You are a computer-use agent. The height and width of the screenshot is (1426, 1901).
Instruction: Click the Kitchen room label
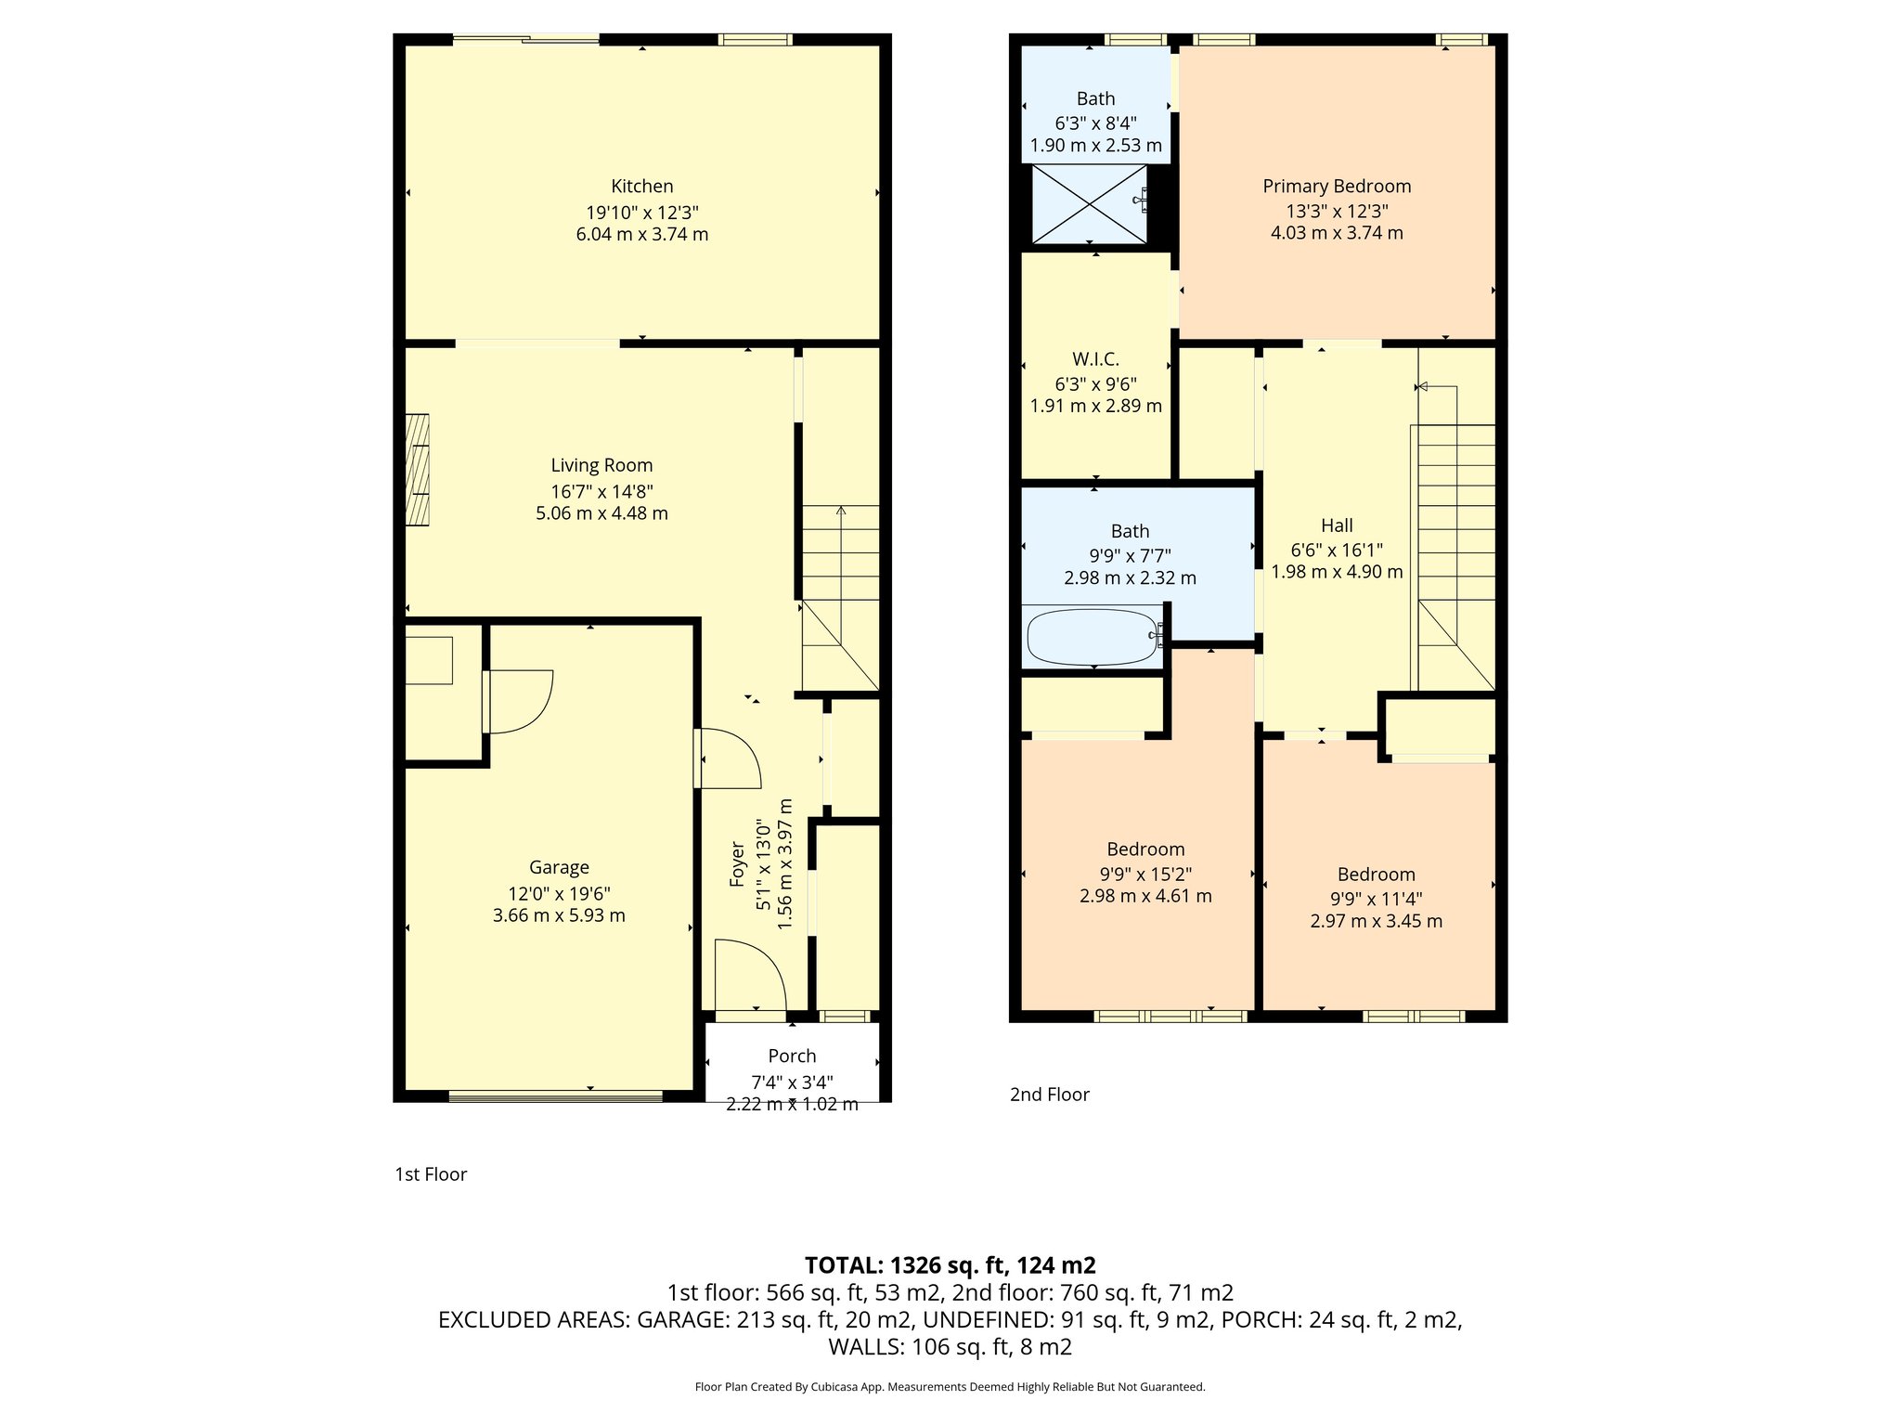coord(641,186)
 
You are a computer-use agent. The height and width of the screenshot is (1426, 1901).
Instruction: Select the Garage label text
coord(559,867)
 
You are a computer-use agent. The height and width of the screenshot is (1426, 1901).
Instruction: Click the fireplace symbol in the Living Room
coord(418,470)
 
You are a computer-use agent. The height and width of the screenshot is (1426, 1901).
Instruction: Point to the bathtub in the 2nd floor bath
coord(1092,636)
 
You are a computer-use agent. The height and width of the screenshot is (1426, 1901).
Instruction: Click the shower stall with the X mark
coord(1090,204)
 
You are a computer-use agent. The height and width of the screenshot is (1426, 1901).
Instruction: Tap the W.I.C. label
coord(1095,359)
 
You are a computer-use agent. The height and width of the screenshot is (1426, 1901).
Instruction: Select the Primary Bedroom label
coord(1337,186)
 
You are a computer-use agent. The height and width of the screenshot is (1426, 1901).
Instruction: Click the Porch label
coord(792,1056)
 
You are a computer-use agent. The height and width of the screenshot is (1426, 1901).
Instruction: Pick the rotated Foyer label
coord(738,863)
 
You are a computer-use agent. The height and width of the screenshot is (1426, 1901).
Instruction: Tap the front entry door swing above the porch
coord(750,974)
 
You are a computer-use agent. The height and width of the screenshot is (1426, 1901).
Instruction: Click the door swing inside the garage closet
coord(518,701)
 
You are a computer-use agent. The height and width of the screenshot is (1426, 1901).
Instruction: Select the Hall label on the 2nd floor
coord(1337,525)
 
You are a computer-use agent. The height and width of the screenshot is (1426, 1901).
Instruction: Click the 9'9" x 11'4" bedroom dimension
coord(1376,899)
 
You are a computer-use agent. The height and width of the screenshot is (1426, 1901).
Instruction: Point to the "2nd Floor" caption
coord(1049,1095)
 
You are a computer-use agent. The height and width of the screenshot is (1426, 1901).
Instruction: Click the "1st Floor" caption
coord(431,1174)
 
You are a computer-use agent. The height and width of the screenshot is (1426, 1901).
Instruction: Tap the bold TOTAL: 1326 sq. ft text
coord(950,1265)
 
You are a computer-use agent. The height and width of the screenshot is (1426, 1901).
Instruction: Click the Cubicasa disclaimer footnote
coord(950,1387)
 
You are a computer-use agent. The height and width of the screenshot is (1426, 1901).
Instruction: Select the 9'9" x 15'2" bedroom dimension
coord(1145,874)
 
